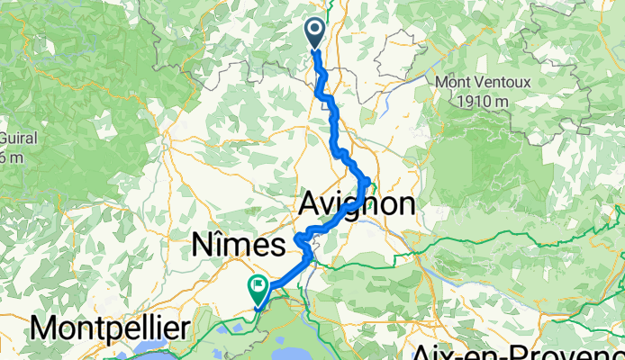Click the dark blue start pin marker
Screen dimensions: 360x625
coord(316,33)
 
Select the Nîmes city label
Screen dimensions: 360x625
coord(239,244)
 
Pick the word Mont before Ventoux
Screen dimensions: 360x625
coord(456,82)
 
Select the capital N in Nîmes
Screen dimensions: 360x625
coord(204,244)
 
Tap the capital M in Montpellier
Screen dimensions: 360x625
coord(44,328)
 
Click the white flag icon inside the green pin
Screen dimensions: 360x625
coord(258,287)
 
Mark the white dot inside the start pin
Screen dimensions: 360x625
coord(316,30)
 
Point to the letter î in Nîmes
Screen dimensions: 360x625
coord(222,243)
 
